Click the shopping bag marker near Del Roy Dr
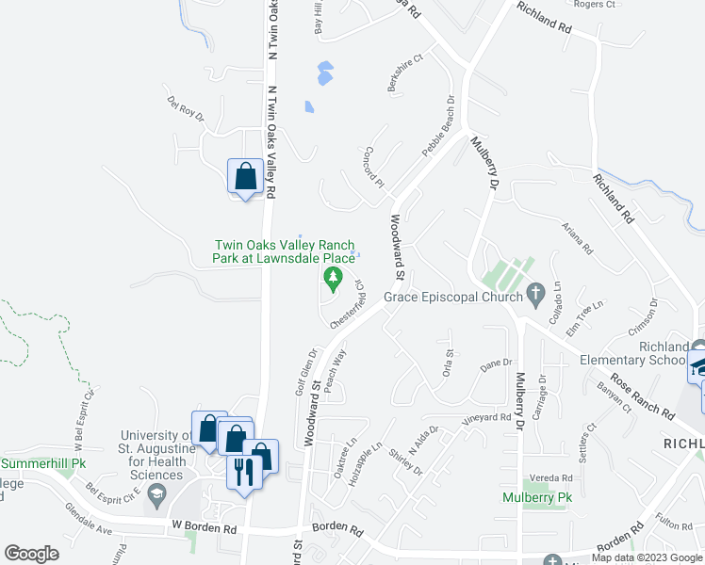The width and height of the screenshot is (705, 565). point(245,176)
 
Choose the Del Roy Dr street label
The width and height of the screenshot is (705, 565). point(186,107)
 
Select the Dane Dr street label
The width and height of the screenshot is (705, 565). point(495,363)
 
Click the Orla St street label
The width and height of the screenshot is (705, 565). point(449,363)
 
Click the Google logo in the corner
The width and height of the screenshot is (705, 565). point(31,553)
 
